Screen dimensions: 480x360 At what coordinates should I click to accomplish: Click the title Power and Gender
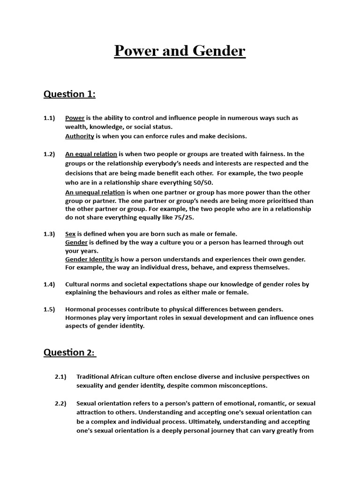click(x=180, y=51)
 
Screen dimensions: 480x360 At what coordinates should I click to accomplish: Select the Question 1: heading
click(x=69, y=94)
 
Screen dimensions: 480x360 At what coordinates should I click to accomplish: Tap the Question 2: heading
click(x=70, y=352)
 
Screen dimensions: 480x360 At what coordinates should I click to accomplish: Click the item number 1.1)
click(x=49, y=118)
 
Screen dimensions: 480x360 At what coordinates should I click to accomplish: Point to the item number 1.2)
click(x=49, y=154)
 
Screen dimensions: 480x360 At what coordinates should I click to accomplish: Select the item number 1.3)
click(x=49, y=233)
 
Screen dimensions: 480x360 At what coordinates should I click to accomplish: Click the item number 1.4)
click(x=49, y=284)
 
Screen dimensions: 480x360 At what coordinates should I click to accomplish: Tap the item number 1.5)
click(x=49, y=309)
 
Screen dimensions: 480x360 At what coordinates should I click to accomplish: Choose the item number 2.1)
click(x=60, y=376)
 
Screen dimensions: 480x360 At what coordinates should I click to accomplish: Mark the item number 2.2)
click(x=60, y=403)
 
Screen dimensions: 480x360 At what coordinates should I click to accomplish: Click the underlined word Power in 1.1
click(x=75, y=118)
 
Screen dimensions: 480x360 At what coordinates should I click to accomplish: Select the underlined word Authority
click(x=80, y=136)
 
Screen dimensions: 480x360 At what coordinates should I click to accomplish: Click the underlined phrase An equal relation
click(x=91, y=154)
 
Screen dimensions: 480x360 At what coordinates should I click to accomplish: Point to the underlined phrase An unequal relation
click(x=95, y=192)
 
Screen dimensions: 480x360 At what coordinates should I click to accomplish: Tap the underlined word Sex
click(x=70, y=233)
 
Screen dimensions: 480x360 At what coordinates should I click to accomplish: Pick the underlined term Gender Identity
click(x=89, y=259)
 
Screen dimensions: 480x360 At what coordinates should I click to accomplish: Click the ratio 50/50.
click(x=202, y=183)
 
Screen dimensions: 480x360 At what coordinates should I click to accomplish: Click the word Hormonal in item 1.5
click(x=80, y=309)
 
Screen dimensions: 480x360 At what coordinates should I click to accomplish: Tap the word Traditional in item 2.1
click(x=94, y=376)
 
